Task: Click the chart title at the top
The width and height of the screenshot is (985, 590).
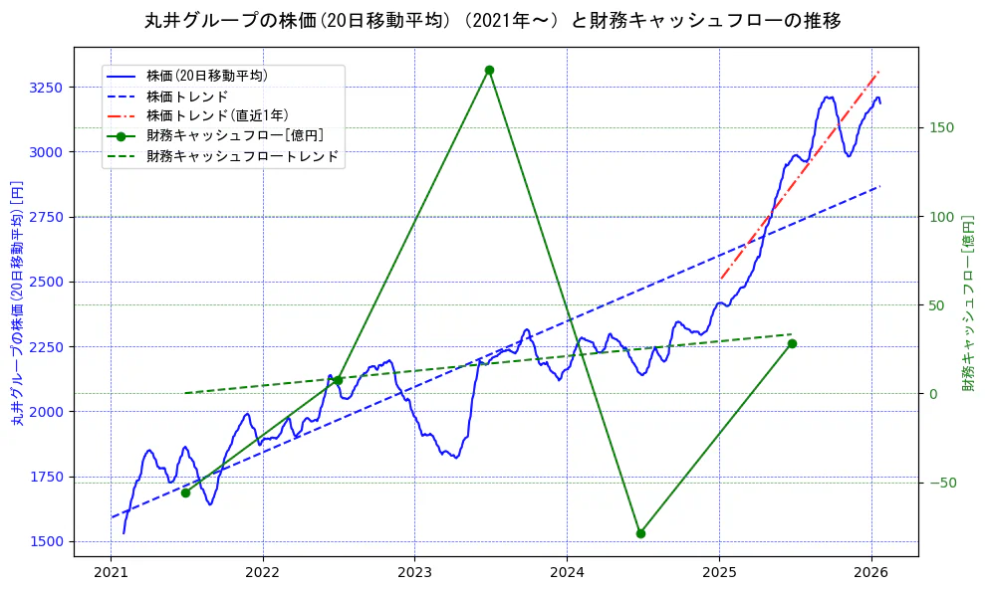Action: tap(492, 21)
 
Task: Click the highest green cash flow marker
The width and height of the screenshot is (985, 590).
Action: tap(489, 70)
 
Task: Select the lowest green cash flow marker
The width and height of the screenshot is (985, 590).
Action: tap(640, 533)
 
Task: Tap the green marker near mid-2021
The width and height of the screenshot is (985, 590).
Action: tap(185, 492)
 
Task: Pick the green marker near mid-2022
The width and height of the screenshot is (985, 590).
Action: tap(338, 380)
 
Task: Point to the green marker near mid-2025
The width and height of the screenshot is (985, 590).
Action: tap(792, 343)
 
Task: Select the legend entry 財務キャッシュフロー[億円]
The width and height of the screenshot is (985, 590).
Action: tap(234, 136)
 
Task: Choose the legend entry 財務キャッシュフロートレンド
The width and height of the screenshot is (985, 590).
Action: tap(242, 156)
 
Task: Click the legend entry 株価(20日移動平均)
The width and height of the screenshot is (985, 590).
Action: tap(206, 75)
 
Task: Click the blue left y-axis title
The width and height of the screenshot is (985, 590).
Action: tap(17, 302)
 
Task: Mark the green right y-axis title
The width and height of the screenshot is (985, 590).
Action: tap(967, 302)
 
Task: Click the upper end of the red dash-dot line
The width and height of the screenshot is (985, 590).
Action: tap(877, 72)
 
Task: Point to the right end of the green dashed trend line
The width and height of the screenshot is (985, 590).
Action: tap(792, 334)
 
